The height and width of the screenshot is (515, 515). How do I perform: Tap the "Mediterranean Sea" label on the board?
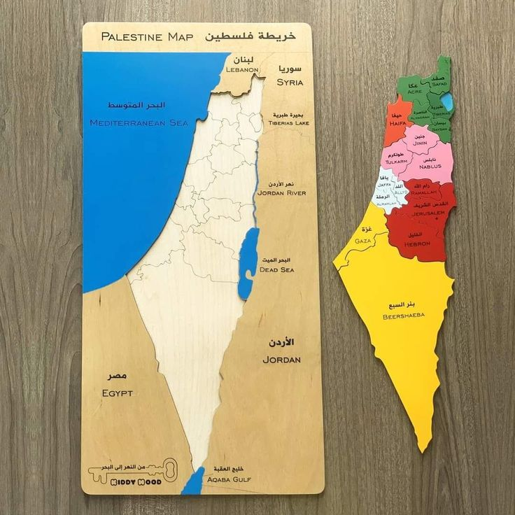[x=139, y=122]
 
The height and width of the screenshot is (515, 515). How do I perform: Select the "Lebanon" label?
[x=243, y=70]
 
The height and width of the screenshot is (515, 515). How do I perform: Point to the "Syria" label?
[x=290, y=82]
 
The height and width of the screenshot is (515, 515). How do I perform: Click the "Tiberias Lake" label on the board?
[x=288, y=122]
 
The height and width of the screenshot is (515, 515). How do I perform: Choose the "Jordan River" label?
[x=281, y=192]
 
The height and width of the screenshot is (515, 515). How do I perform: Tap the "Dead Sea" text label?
[x=276, y=269]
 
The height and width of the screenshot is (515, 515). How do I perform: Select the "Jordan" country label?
[x=281, y=359]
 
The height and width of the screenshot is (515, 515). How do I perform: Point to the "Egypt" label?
[x=117, y=393]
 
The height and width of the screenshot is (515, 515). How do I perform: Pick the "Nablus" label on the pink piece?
[x=430, y=167]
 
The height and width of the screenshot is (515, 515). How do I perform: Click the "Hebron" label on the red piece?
[x=417, y=244]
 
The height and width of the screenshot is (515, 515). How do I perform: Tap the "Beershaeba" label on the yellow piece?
[x=403, y=316]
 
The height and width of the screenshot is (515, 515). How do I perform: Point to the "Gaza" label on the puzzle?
[x=362, y=241]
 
